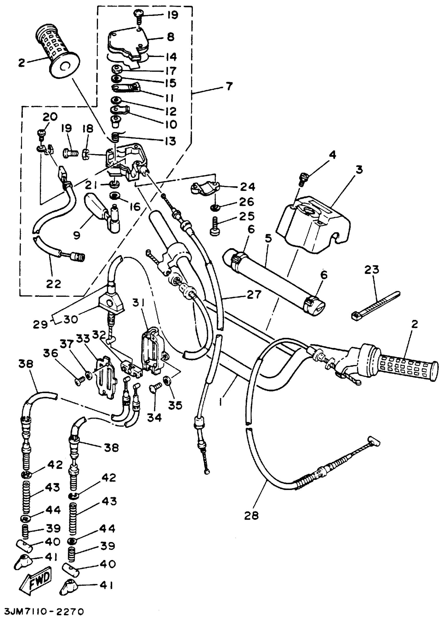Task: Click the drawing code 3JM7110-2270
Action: (x=43, y=611)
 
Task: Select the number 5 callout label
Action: (x=268, y=238)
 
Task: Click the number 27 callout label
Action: (x=254, y=294)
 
